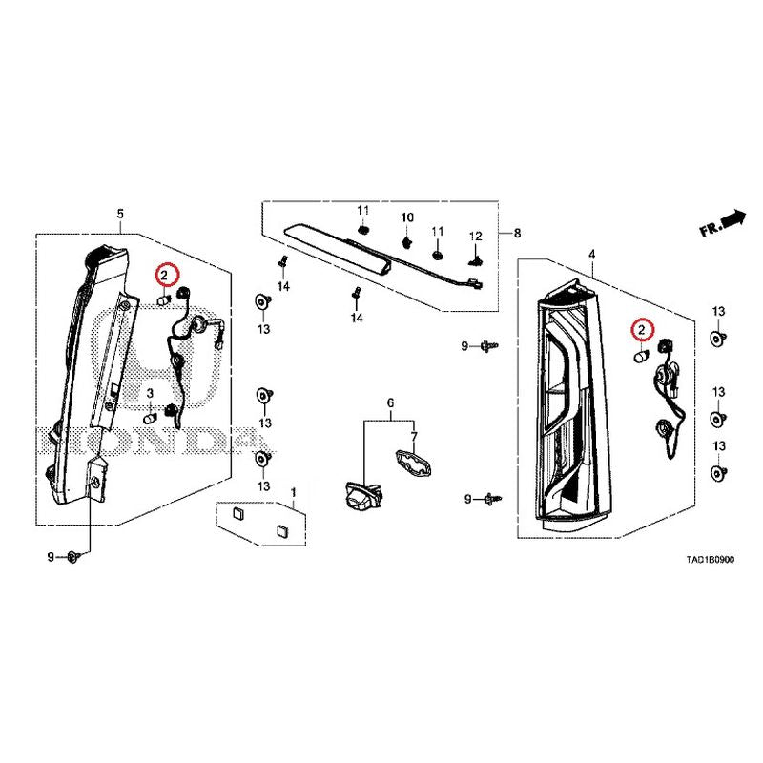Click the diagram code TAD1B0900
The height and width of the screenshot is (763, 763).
coord(710,560)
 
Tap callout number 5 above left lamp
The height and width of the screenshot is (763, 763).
coord(120,213)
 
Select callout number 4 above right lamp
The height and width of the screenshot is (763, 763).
coord(591,254)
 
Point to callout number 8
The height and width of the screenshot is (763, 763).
coord(517,233)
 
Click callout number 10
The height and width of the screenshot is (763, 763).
coord(407,217)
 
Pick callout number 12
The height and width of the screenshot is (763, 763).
coord(475,236)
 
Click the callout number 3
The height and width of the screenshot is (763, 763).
coord(150,393)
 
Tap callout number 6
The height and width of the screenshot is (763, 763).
coord(390,402)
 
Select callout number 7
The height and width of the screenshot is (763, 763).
coord(414,437)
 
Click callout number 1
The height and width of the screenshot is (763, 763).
coord(294,493)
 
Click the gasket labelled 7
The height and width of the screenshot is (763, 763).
coord(413,462)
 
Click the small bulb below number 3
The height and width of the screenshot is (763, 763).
coord(150,418)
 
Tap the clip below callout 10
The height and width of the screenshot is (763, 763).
coord(407,241)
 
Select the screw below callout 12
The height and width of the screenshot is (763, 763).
coord(475,260)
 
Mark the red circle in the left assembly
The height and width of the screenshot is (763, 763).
coord(164,276)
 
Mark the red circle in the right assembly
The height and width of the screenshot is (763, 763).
coord(642,330)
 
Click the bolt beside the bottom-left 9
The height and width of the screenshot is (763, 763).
coord(72,557)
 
